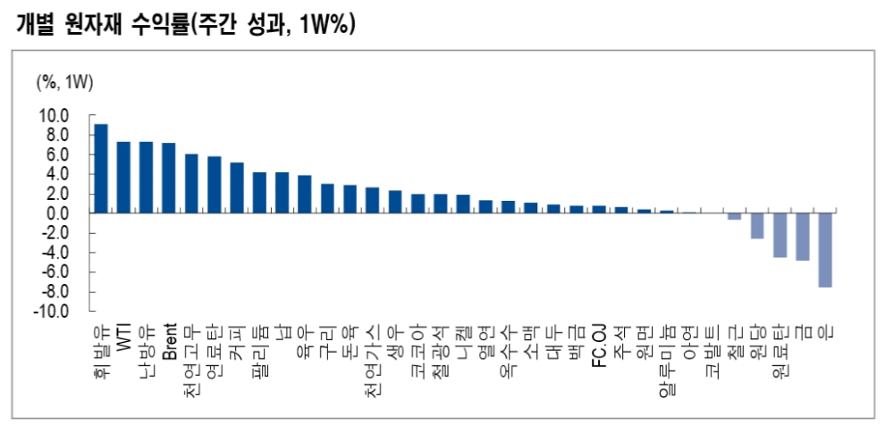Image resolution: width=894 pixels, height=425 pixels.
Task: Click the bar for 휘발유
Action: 101,169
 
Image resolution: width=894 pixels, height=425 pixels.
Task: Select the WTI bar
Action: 123,178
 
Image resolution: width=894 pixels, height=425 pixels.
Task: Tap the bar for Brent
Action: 169,179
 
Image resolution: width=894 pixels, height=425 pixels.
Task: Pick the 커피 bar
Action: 237,188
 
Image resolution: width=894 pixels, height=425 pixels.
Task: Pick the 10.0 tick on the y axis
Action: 53,115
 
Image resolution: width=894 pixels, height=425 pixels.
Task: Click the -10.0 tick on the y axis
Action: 51,312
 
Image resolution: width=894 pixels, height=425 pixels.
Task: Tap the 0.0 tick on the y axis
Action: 56,214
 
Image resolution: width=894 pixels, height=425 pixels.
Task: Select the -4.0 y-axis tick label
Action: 53,254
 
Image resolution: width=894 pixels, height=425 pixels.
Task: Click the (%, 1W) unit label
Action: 64,83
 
